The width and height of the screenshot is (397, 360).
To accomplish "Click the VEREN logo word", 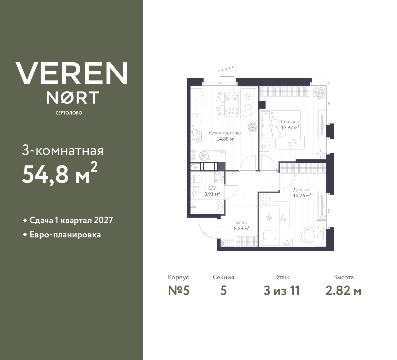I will click(x=72, y=73).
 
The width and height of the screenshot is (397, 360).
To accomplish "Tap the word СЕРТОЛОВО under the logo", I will click(x=69, y=113).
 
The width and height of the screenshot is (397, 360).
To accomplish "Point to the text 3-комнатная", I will click(x=63, y=151).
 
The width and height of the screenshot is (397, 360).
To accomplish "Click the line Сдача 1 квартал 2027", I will click(x=71, y=220).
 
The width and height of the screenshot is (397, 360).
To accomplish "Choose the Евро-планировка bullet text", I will click(x=65, y=235).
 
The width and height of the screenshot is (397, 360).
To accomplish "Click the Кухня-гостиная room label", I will click(x=225, y=133).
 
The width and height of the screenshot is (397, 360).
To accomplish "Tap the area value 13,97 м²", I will click(x=290, y=127).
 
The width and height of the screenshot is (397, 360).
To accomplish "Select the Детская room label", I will click(x=301, y=190).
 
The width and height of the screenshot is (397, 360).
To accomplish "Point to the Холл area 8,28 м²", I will click(x=241, y=228).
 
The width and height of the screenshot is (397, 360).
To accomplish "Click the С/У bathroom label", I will click(x=212, y=188).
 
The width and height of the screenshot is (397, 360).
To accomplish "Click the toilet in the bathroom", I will click(x=197, y=179).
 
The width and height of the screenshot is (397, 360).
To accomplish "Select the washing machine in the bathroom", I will click(x=219, y=177).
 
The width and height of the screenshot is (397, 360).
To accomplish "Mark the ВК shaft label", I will click(x=196, y=168).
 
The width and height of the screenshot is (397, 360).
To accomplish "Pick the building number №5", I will click(x=178, y=291).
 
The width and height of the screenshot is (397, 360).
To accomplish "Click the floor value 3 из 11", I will click(x=282, y=291).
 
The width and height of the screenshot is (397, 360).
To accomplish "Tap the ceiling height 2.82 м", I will click(x=343, y=291).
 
